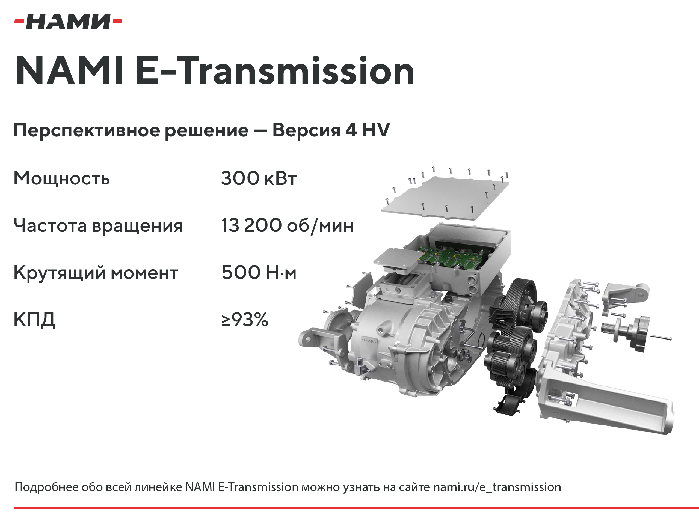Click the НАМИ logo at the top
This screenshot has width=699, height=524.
tap(68, 22)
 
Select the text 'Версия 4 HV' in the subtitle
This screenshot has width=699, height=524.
tap(331, 130)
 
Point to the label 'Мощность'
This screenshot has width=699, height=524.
tap(62, 178)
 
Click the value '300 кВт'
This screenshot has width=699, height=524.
tap(259, 178)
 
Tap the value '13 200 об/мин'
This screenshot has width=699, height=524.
tap(287, 225)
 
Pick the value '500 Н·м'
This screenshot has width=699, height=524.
tap(259, 272)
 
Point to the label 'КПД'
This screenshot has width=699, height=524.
tap(34, 320)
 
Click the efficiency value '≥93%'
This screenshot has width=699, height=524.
tap(245, 319)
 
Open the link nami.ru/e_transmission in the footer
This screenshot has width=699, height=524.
tap(497, 487)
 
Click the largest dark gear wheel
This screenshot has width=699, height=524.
tap(518, 302)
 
